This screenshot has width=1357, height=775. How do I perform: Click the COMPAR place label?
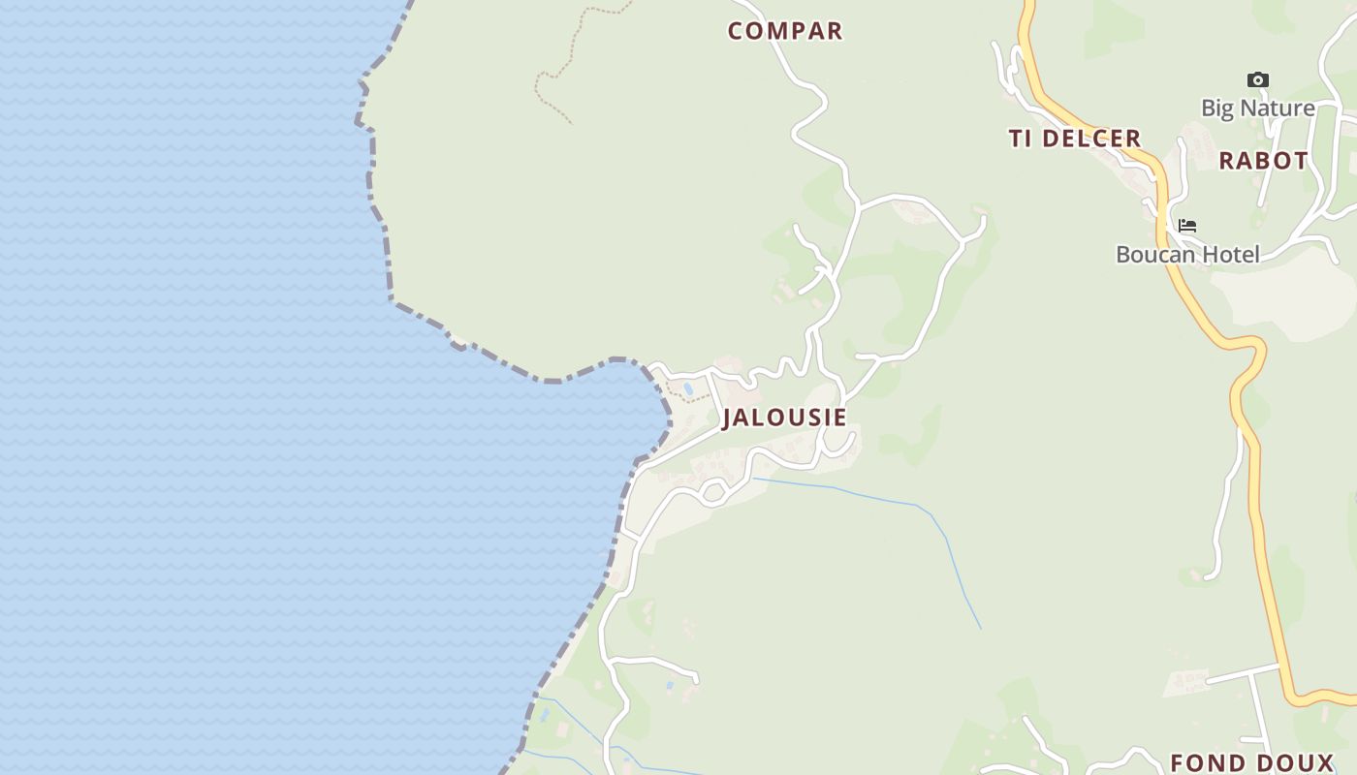tap(785, 31)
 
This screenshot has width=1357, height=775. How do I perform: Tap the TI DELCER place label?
tap(1075, 139)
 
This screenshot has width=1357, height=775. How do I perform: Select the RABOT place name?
tap(1263, 161)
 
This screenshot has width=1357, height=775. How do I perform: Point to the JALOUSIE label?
tap(784, 418)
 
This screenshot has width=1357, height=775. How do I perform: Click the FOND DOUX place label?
tap(1252, 762)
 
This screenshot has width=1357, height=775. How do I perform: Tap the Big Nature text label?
tap(1257, 108)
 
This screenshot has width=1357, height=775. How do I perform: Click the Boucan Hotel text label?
tap(1187, 255)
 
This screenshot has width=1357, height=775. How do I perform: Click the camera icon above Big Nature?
tap(1257, 80)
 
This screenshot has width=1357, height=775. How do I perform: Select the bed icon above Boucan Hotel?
tap(1187, 227)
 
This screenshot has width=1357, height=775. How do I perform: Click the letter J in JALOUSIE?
tap(728, 418)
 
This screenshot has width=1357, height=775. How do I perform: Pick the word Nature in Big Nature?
tap(1278, 108)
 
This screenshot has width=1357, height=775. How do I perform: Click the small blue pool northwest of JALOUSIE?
tap(688, 388)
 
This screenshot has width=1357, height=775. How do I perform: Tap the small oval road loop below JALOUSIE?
tap(713, 492)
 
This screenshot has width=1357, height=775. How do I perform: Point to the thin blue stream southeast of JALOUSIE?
tap(872, 495)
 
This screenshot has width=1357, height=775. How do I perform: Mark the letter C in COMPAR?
tap(736, 31)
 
